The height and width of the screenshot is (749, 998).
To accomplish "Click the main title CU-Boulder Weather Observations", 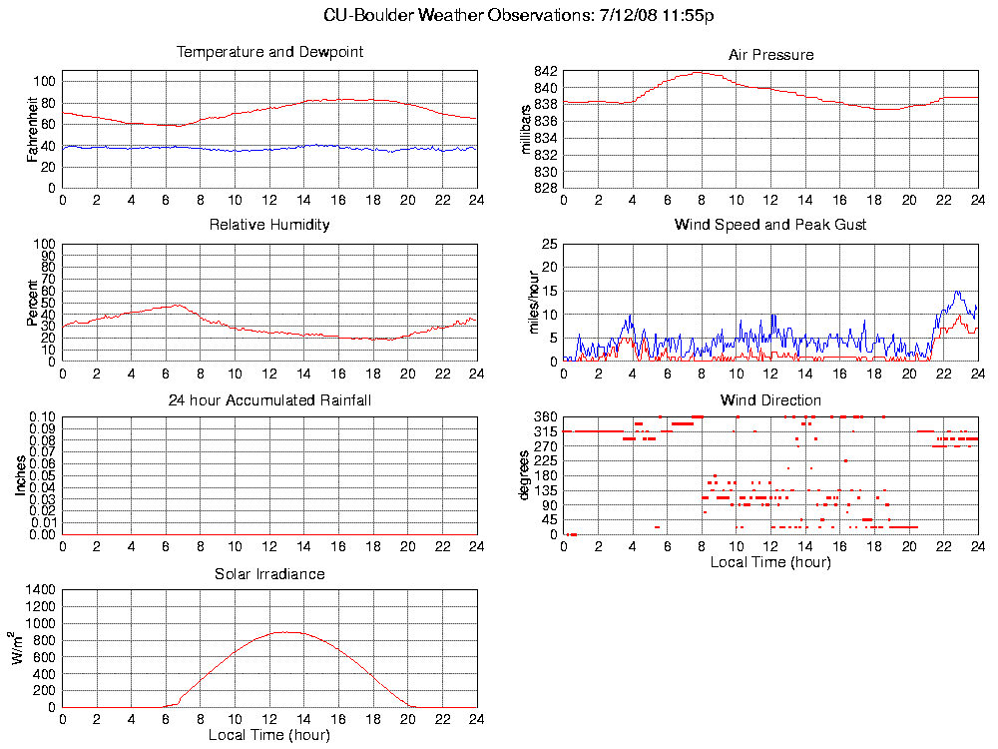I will (x=519, y=16).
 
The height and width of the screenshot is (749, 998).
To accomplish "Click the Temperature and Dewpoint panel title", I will (x=269, y=52).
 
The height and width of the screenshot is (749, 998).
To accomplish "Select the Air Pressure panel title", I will (x=770, y=55).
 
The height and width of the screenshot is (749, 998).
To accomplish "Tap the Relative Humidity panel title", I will (x=269, y=225).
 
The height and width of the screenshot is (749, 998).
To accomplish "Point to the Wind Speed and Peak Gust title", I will (x=770, y=225).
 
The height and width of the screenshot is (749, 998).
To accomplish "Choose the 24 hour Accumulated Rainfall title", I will (x=269, y=400).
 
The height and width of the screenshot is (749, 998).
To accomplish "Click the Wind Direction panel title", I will (x=770, y=400).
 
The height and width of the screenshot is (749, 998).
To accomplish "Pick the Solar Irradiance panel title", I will (x=269, y=574).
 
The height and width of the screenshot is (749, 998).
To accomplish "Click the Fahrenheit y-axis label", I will (x=33, y=131).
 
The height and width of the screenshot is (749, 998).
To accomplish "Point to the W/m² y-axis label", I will (x=17, y=649).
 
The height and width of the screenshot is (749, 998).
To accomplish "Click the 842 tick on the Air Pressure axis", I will (x=545, y=72).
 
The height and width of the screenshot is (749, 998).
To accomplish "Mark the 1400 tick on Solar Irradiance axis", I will (x=41, y=589).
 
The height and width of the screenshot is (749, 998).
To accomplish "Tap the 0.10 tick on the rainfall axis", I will (x=41, y=416).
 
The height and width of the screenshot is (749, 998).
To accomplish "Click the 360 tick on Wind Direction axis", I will (x=545, y=416).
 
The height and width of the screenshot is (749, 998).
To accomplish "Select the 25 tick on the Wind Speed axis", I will (x=549, y=244).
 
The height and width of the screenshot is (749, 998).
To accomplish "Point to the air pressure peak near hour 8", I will (x=700, y=72).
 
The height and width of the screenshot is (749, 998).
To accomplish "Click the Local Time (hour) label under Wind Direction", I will (x=770, y=562).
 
